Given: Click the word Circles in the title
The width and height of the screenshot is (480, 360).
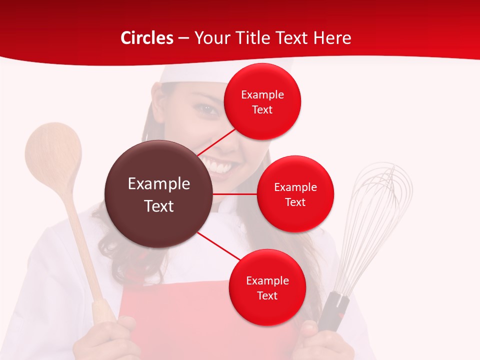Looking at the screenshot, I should click(x=146, y=38).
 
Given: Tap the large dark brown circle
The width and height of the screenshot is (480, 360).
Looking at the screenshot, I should click(x=159, y=194).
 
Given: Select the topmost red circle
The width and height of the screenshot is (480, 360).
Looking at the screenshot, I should click(x=262, y=101).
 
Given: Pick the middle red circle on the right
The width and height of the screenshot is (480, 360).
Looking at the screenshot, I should click(x=295, y=194).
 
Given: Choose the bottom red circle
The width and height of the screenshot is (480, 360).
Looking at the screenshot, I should click(x=267, y=287).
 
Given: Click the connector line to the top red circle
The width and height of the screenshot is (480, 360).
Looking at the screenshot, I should click(x=216, y=141).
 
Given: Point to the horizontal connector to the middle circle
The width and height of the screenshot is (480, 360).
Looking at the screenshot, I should click(x=235, y=194).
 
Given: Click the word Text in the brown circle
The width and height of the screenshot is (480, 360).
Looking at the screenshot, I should click(x=159, y=206).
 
